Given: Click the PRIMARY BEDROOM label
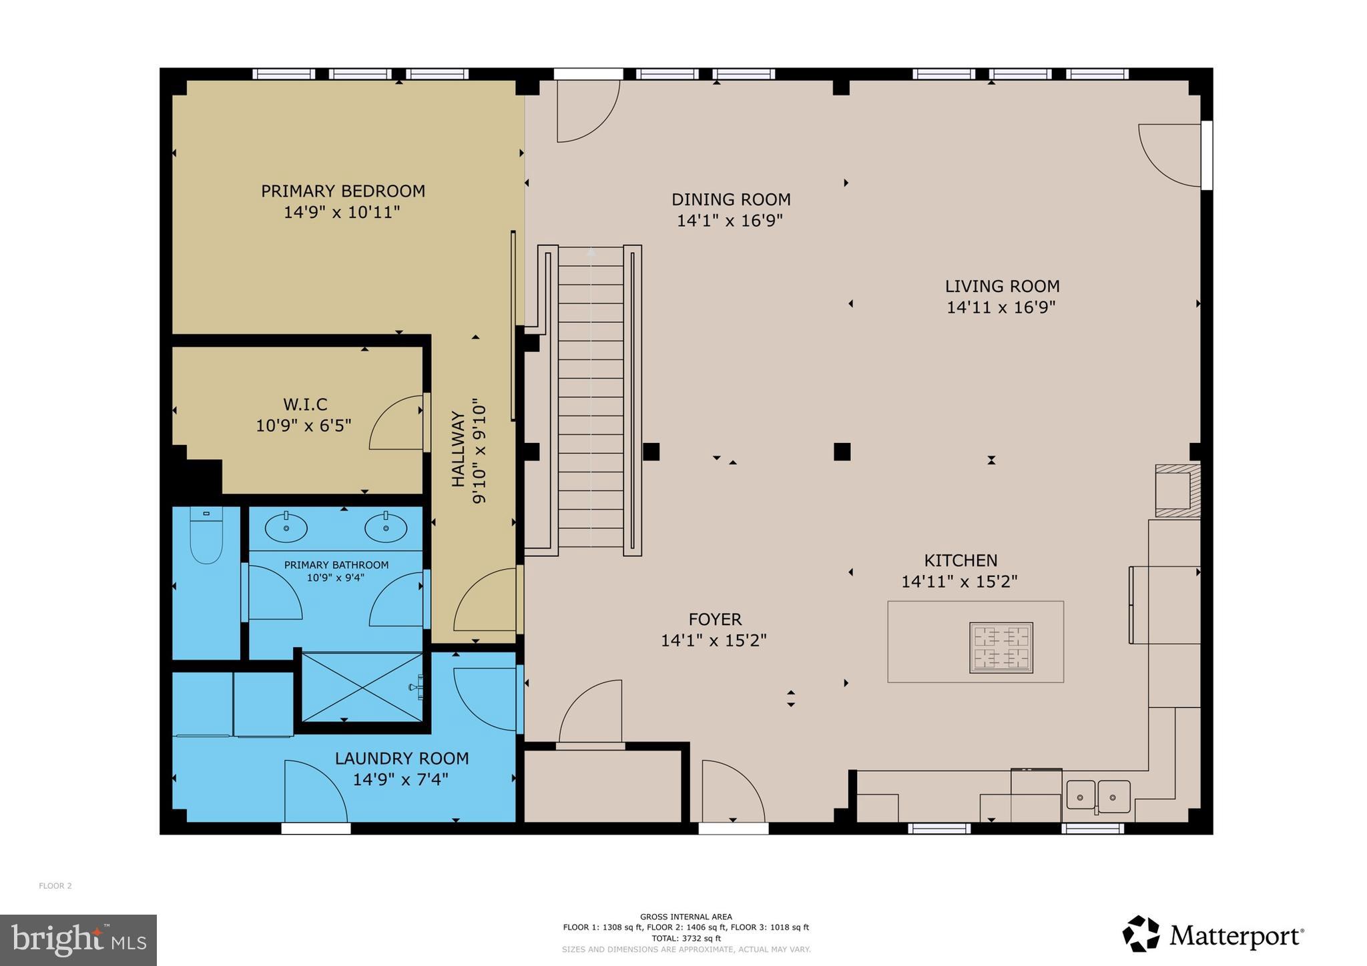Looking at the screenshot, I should (342, 191).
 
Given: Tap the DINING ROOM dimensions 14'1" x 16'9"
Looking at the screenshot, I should (730, 221).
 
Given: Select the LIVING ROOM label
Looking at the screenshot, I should (1002, 286).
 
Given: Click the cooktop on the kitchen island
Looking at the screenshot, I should (1001, 648).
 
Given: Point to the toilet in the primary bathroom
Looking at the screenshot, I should (206, 536).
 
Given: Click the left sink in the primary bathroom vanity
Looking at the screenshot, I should (286, 528).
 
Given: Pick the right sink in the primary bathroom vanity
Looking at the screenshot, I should (386, 528).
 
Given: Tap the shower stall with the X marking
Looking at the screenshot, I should (362, 687).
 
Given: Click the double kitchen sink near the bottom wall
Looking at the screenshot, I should (1097, 797).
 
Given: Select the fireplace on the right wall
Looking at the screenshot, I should (1177, 491).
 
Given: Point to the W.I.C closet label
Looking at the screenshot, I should (305, 404).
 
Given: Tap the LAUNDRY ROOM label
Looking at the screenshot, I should (402, 759).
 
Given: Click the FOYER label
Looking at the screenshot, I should (715, 619).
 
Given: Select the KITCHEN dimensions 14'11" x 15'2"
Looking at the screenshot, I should (959, 582).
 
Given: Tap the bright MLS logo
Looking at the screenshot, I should (78, 940).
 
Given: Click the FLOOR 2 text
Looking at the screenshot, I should (55, 886).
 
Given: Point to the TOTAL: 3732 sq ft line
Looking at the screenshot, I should (686, 938).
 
